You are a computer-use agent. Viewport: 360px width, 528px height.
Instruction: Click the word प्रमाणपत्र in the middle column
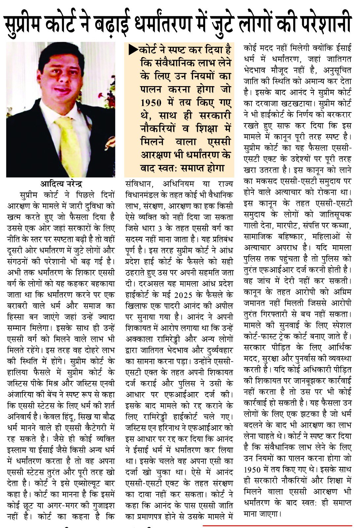[x=148, y=516]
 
